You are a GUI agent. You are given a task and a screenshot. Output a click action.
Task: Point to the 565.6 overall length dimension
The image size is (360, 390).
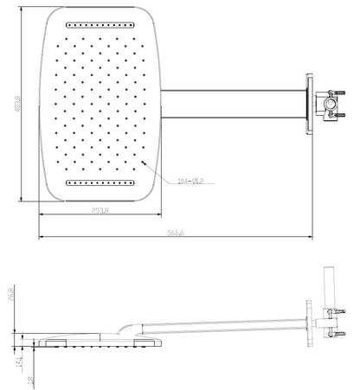178,234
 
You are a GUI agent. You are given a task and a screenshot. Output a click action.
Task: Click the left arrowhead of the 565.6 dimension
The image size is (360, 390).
40,239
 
